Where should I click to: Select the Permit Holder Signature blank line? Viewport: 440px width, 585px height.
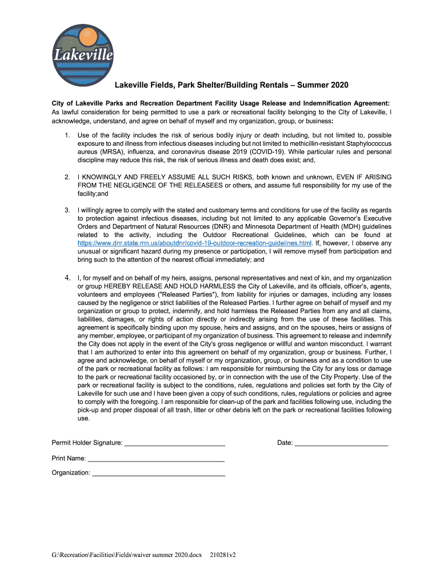click(x=174, y=443)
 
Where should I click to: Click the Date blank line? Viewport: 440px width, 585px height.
click(x=341, y=443)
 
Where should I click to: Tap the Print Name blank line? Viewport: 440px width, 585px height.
click(x=155, y=458)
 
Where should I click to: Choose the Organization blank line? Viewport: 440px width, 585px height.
click(x=158, y=473)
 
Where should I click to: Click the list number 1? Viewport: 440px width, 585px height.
click(x=67, y=135)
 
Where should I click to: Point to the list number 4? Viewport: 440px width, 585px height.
click(x=67, y=278)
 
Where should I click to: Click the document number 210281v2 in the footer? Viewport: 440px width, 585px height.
click(x=223, y=555)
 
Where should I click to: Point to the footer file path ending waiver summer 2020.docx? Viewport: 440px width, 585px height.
click(x=127, y=555)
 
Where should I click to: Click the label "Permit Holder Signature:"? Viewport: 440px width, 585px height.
click(x=87, y=443)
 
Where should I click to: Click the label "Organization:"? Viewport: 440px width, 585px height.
click(x=71, y=473)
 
